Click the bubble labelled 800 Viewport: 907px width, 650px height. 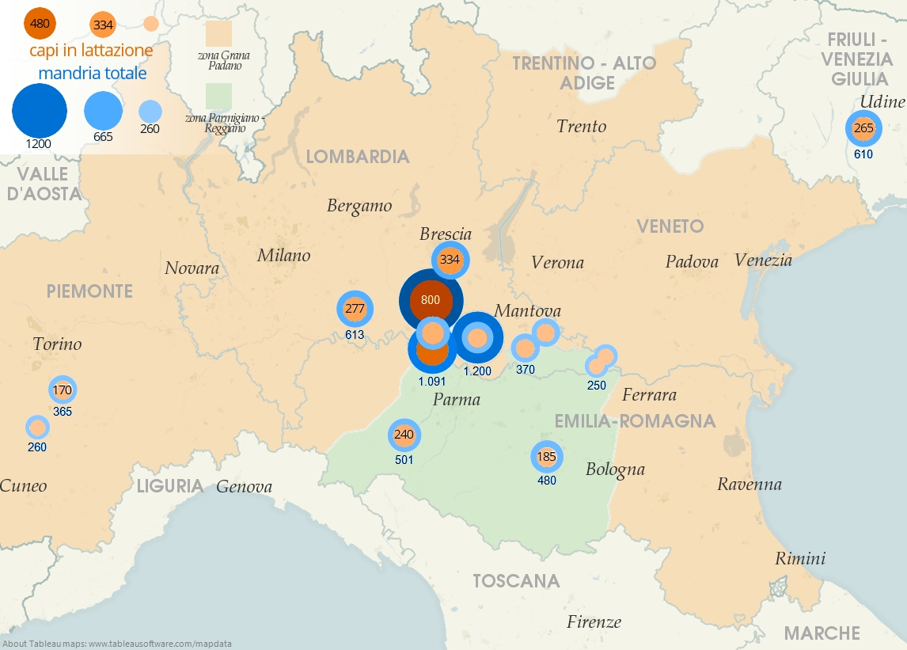431,301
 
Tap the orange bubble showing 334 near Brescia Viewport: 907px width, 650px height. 450,260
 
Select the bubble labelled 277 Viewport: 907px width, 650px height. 355,309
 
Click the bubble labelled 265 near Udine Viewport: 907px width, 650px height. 863,128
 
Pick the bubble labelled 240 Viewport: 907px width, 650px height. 404,435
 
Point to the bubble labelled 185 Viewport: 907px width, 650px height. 547,457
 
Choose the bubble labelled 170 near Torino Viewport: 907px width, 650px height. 63,390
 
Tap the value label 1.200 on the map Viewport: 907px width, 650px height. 477,371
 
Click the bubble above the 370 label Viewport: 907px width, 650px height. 525,348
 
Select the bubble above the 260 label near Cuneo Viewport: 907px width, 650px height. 37,428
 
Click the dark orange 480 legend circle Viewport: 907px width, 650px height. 40,24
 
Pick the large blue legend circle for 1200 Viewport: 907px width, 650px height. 39,111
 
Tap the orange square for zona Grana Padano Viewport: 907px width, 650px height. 218,35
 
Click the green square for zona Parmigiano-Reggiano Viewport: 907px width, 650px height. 218,95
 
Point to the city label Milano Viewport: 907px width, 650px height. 283,255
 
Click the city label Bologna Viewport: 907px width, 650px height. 615,469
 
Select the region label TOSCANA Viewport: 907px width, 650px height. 516,581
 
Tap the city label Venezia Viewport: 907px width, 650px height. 763,260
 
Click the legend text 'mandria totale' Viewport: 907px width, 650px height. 93,73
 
